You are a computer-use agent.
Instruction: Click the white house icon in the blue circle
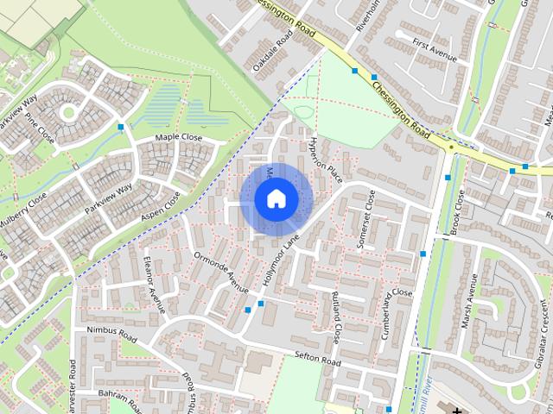[x=276, y=199]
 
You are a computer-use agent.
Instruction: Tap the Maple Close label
[x=178, y=138]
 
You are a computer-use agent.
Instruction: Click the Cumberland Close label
[x=389, y=314]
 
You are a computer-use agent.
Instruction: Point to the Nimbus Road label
[x=105, y=333]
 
